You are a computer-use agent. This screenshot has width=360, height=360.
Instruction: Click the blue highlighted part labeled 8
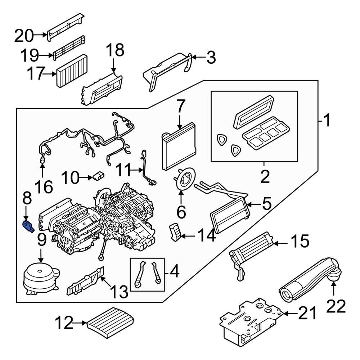tap(28, 226)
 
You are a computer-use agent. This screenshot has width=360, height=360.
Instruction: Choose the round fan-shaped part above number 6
tap(185, 179)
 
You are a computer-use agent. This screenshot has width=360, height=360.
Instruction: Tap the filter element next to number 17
tap(72, 71)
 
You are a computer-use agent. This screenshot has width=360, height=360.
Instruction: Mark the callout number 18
tap(114, 50)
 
